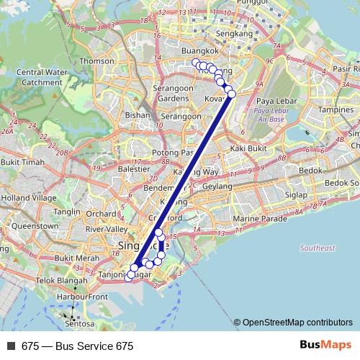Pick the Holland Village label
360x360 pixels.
pos(28,197)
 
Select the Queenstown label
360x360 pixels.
pos(35,225)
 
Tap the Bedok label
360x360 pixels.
pos(310,171)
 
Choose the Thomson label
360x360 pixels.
pos(97,61)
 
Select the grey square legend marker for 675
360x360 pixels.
pos(9,346)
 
